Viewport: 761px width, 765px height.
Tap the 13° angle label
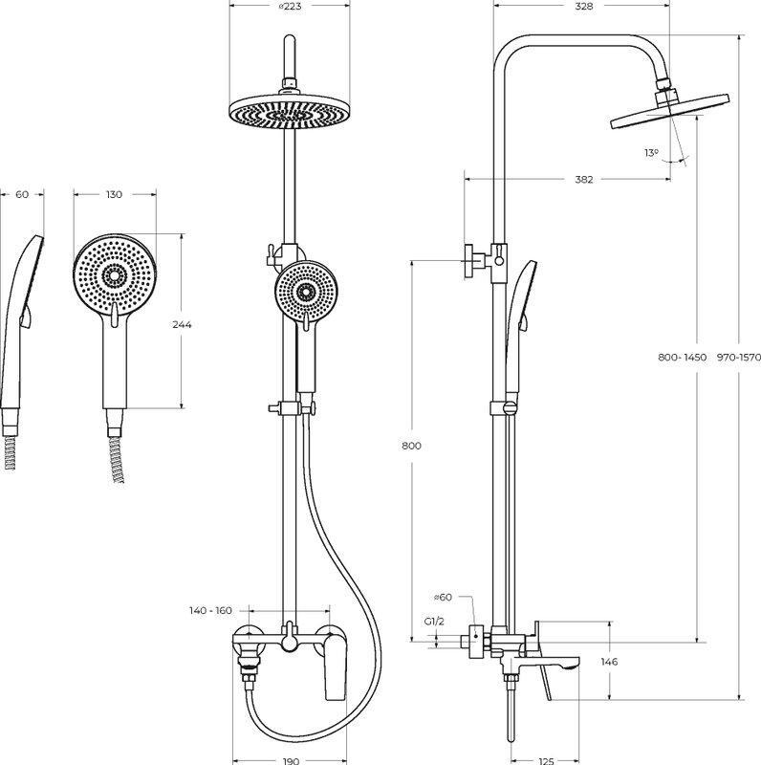click(x=651, y=152)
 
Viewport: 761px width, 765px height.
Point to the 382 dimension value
click(x=585, y=179)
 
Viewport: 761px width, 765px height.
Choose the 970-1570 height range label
click(x=737, y=357)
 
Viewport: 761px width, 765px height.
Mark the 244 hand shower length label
click(x=182, y=325)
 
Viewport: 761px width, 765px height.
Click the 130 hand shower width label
click(x=114, y=195)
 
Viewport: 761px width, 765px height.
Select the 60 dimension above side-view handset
click(x=22, y=195)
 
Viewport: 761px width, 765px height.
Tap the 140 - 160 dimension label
click(x=210, y=610)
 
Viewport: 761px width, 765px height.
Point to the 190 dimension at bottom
click(x=288, y=760)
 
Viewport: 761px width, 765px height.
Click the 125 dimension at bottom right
click(x=546, y=760)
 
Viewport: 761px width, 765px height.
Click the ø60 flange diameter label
click(x=443, y=599)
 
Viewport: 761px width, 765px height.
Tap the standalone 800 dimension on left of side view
click(x=411, y=447)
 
